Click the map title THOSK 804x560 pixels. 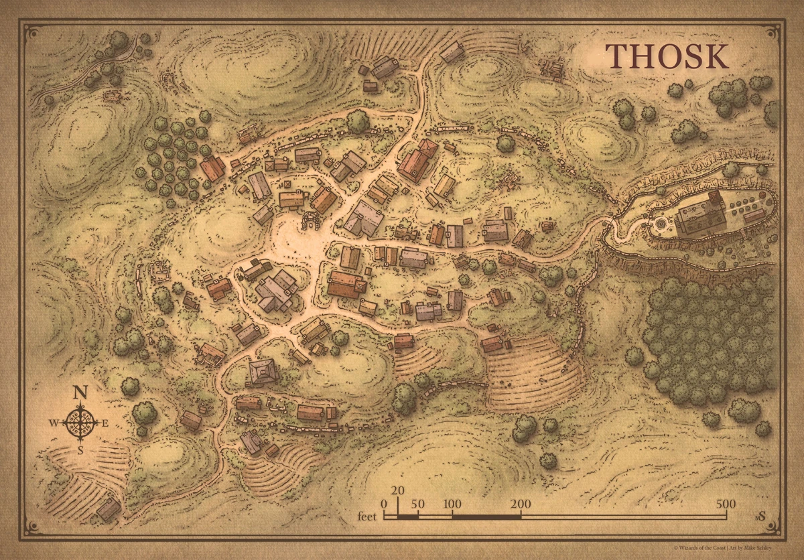click(667, 57)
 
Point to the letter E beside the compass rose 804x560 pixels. click(105, 423)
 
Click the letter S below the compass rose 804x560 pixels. click(80, 450)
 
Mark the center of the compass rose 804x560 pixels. click(80, 422)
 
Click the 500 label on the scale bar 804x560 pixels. click(725, 504)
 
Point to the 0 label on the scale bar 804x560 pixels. click(384, 504)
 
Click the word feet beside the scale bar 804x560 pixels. click(366, 516)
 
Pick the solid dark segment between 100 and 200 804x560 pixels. click(486, 516)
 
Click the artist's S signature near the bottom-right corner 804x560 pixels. click(761, 516)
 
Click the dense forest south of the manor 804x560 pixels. click(710, 335)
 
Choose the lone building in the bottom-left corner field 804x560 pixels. click(109, 509)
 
